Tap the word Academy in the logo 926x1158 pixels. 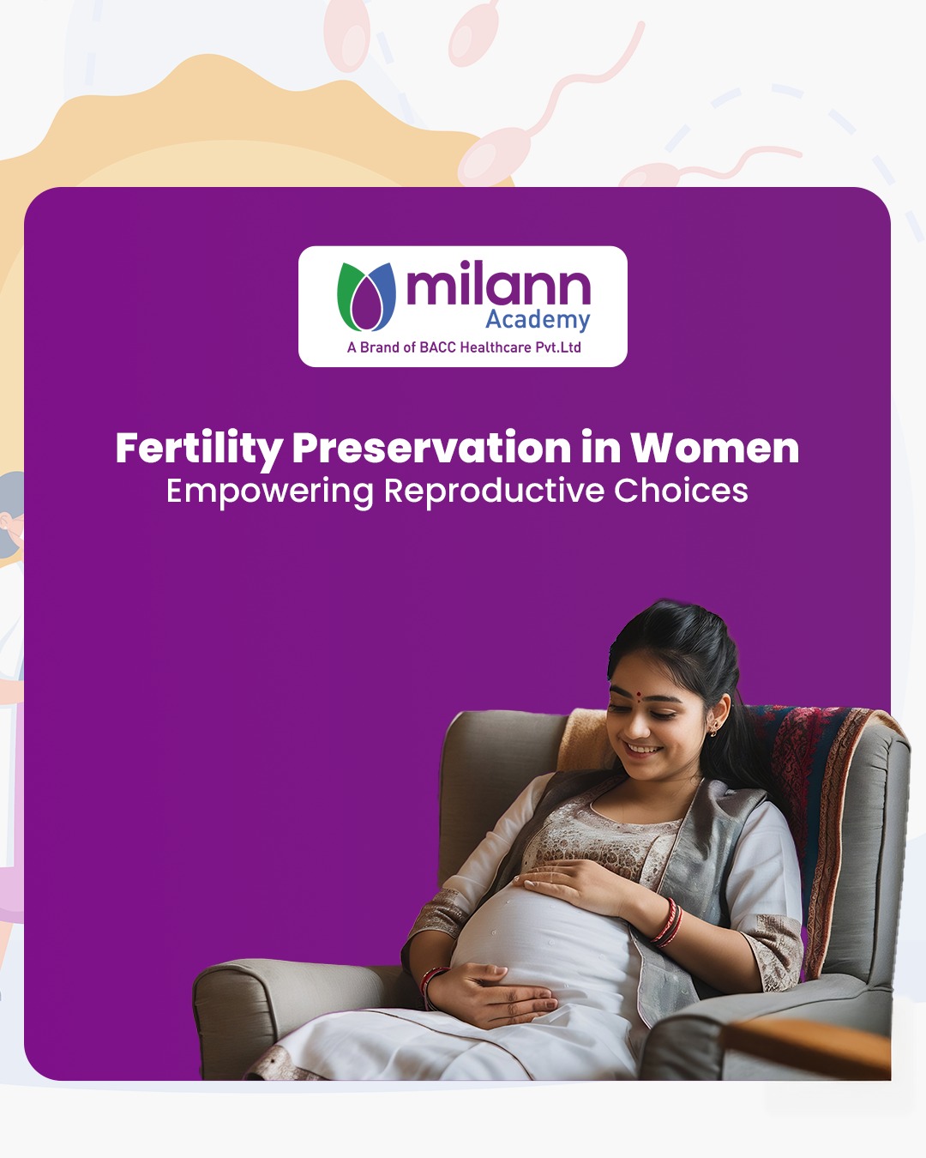[x=538, y=320]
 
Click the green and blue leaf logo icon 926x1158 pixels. [x=366, y=297]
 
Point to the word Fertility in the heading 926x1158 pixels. [x=199, y=449]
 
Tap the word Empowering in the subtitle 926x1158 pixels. [x=269, y=492]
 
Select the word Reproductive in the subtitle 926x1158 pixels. [x=493, y=492]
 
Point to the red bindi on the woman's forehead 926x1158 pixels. [x=638, y=695]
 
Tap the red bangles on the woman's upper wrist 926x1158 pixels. [x=667, y=923]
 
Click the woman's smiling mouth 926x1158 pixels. [x=644, y=747]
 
